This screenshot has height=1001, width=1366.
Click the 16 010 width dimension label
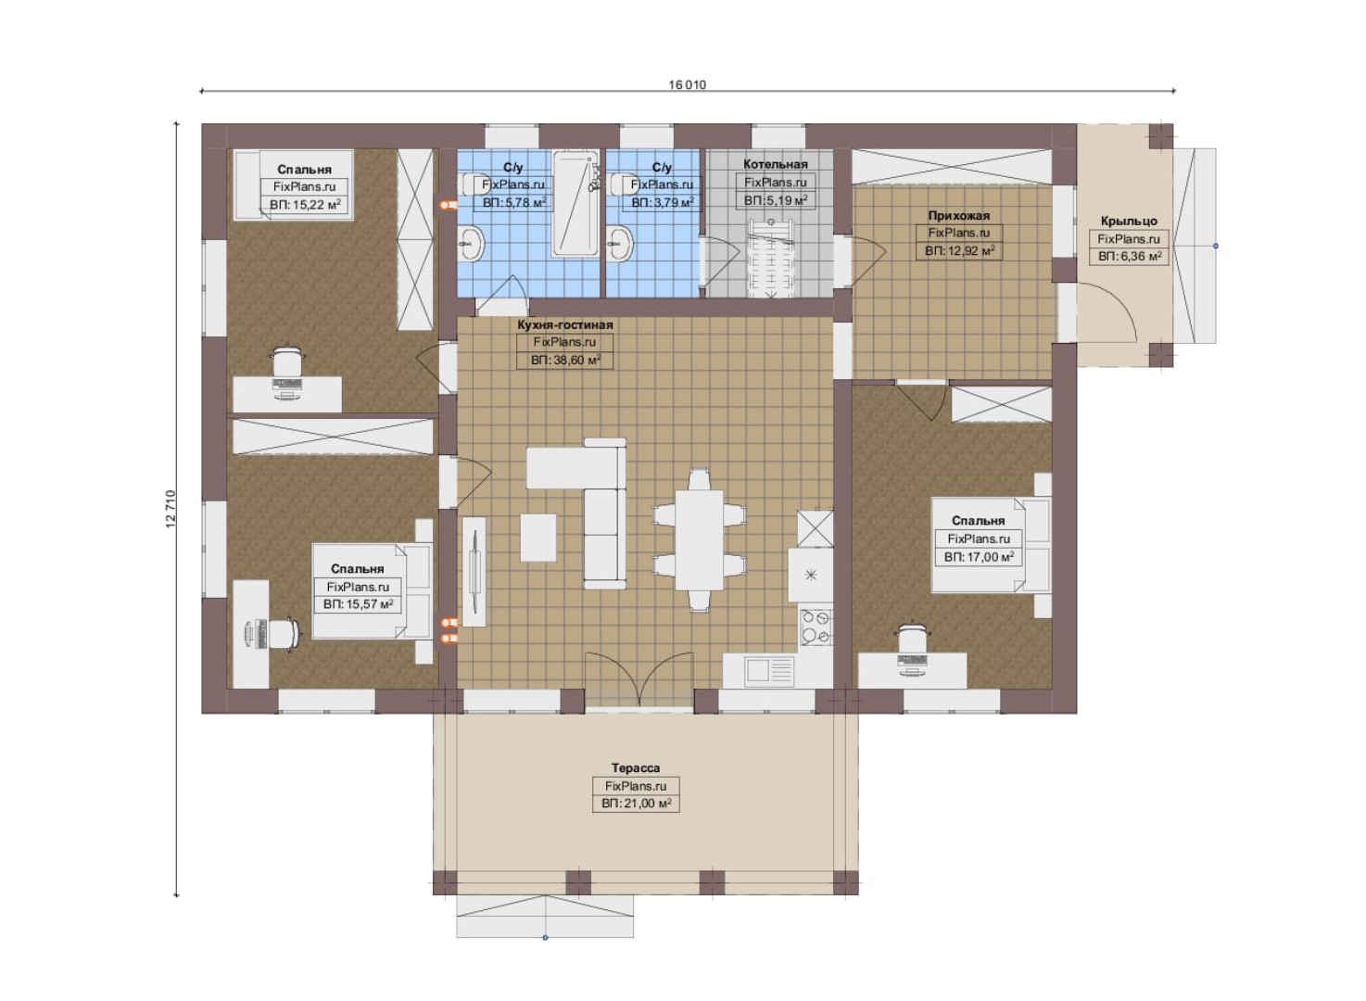pyautogui.click(x=688, y=84)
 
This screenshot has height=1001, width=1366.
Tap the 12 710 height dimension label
pyautogui.click(x=171, y=509)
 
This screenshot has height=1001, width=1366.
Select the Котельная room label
pyautogui.click(x=775, y=164)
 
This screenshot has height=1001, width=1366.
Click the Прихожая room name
pyautogui.click(x=958, y=215)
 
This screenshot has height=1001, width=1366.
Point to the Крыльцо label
pyautogui.click(x=1128, y=221)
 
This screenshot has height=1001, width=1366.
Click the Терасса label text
pyautogui.click(x=636, y=768)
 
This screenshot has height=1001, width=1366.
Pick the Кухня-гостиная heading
pyautogui.click(x=564, y=325)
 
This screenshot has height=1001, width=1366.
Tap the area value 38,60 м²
pyautogui.click(x=565, y=361)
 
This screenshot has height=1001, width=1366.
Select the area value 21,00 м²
pyautogui.click(x=636, y=804)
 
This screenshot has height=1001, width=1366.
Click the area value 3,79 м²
pyautogui.click(x=663, y=202)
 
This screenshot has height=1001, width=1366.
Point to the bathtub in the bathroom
pyautogui.click(x=575, y=204)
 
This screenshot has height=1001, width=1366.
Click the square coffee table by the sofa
pyautogui.click(x=538, y=538)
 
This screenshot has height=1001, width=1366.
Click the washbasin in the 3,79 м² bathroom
pyautogui.click(x=620, y=243)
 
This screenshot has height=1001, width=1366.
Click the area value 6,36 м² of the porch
pyautogui.click(x=1130, y=257)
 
